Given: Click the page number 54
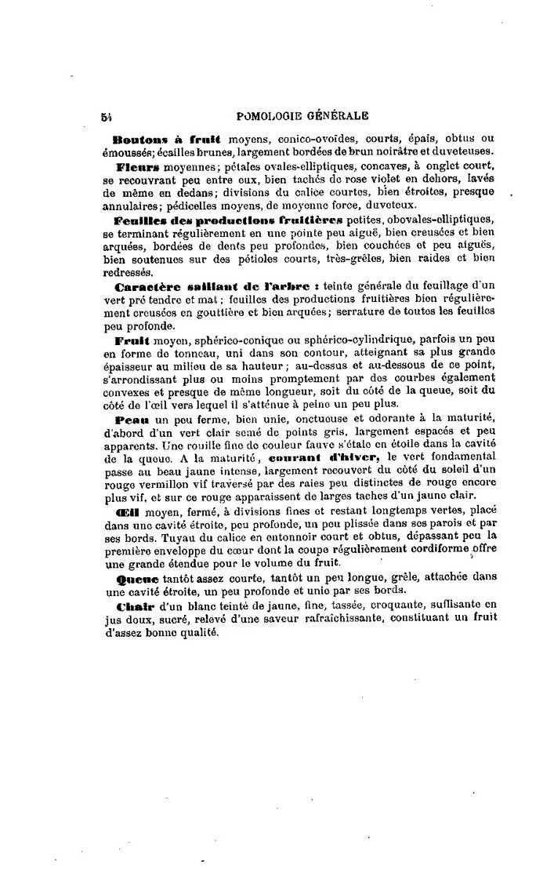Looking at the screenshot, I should tap(105, 115).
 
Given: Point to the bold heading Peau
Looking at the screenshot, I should tap(132, 421).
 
